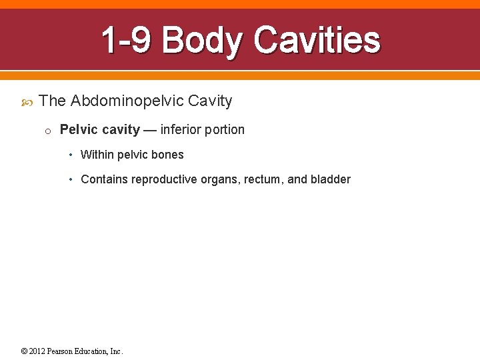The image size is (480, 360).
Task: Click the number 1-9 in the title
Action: (127, 41)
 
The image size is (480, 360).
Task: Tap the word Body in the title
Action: (203, 41)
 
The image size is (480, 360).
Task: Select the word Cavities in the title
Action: (317, 41)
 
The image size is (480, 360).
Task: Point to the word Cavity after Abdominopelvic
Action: (210, 101)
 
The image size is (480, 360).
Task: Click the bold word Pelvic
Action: (79, 129)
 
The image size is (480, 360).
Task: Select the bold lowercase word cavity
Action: (121, 129)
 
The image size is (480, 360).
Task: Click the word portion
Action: (225, 129)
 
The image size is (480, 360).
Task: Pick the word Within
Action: (97, 155)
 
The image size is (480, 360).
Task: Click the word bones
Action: (169, 155)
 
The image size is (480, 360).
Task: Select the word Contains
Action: (104, 179)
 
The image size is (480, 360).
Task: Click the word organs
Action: (221, 179)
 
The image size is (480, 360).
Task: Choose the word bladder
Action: (330, 179)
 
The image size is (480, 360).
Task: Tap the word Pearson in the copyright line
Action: (61, 351)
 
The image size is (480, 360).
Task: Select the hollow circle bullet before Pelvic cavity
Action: (48, 131)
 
